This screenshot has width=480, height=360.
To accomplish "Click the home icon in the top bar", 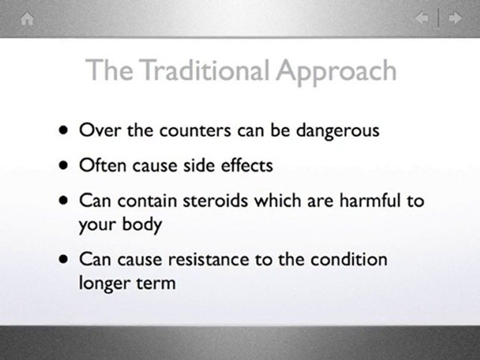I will pos(27,19).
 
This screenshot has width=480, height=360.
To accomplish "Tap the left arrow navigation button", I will pos(421,19).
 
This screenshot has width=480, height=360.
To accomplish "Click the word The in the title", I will pos(109,70).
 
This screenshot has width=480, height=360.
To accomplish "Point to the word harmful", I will pos(370,200).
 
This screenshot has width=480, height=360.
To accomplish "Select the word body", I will pos(142,224).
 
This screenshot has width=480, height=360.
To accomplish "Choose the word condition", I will pos(349,259).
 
